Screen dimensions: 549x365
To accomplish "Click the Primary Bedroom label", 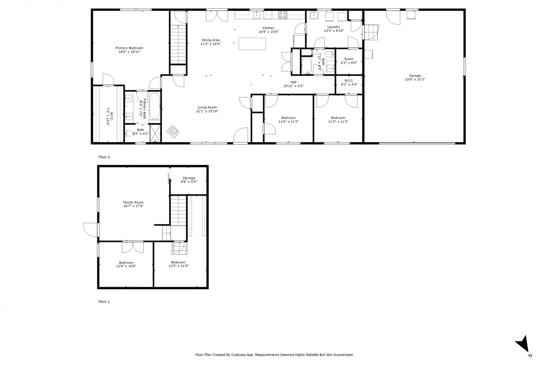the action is (x=129, y=48).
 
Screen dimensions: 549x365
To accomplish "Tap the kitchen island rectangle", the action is (x=252, y=44).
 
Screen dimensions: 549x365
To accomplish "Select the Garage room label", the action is (x=415, y=76).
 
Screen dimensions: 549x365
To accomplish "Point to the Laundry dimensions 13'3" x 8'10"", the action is (x=334, y=31).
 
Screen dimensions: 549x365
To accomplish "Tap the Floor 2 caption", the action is (x=104, y=157).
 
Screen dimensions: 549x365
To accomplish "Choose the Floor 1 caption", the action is (x=104, y=302).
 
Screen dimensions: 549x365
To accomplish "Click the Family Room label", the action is (x=133, y=202).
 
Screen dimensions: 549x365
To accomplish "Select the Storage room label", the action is (x=189, y=178).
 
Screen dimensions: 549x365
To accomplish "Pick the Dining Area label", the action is (x=210, y=40).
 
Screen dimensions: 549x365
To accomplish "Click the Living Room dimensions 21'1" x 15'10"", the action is (x=207, y=111).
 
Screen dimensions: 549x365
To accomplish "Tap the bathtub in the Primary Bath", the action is (x=154, y=106).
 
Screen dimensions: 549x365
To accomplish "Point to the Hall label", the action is (x=294, y=82).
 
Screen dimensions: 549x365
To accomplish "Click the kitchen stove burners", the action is (x=283, y=15).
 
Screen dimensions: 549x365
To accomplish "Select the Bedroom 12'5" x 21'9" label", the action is (x=178, y=262).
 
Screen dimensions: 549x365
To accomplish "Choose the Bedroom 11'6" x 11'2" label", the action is (x=288, y=118).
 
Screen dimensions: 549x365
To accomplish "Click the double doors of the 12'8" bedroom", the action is (x=133, y=247).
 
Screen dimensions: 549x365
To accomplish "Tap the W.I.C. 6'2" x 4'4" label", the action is (x=349, y=80).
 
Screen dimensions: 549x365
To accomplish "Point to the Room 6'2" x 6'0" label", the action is (x=349, y=59).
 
